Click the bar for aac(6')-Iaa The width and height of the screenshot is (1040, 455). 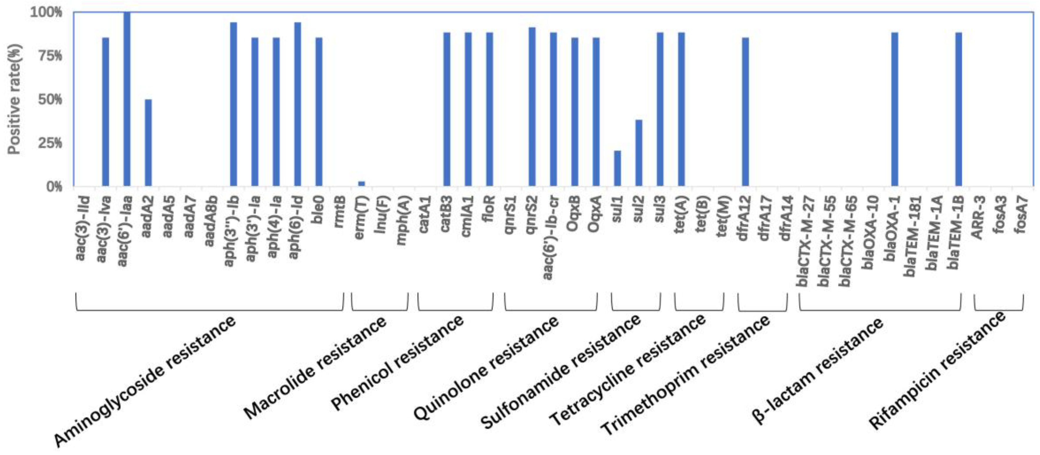point(127,99)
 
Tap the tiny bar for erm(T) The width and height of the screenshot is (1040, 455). point(361,184)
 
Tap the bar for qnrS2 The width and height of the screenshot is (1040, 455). point(532,107)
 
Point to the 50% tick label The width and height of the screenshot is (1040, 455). point(50,99)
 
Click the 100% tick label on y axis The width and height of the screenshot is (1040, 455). point(47,12)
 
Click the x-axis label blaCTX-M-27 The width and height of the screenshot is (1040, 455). point(803,240)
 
